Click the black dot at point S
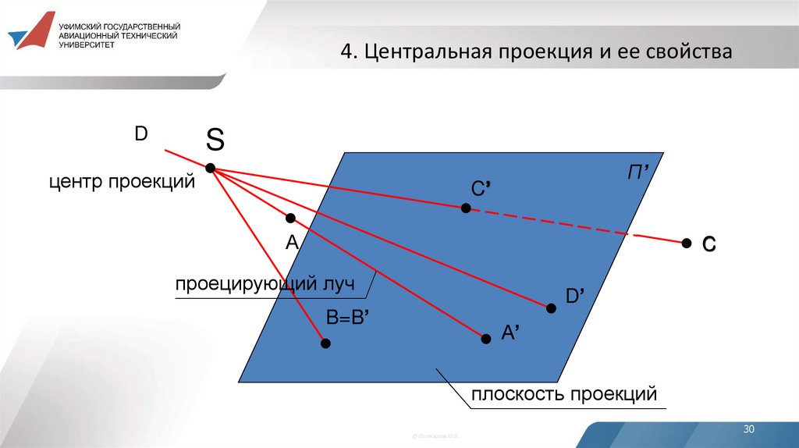[x=210, y=168]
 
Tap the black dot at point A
[x=290, y=218]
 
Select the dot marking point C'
[x=466, y=208]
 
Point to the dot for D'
[x=551, y=308]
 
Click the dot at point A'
[x=485, y=338]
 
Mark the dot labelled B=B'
[x=325, y=343]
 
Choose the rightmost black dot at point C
[x=687, y=244]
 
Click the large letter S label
[x=215, y=140]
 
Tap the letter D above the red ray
[x=140, y=133]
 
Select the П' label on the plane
[x=639, y=172]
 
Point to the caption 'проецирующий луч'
[x=265, y=285]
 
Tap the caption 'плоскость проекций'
[x=564, y=395]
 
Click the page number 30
[x=750, y=430]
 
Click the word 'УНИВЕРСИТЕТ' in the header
[x=87, y=44]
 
